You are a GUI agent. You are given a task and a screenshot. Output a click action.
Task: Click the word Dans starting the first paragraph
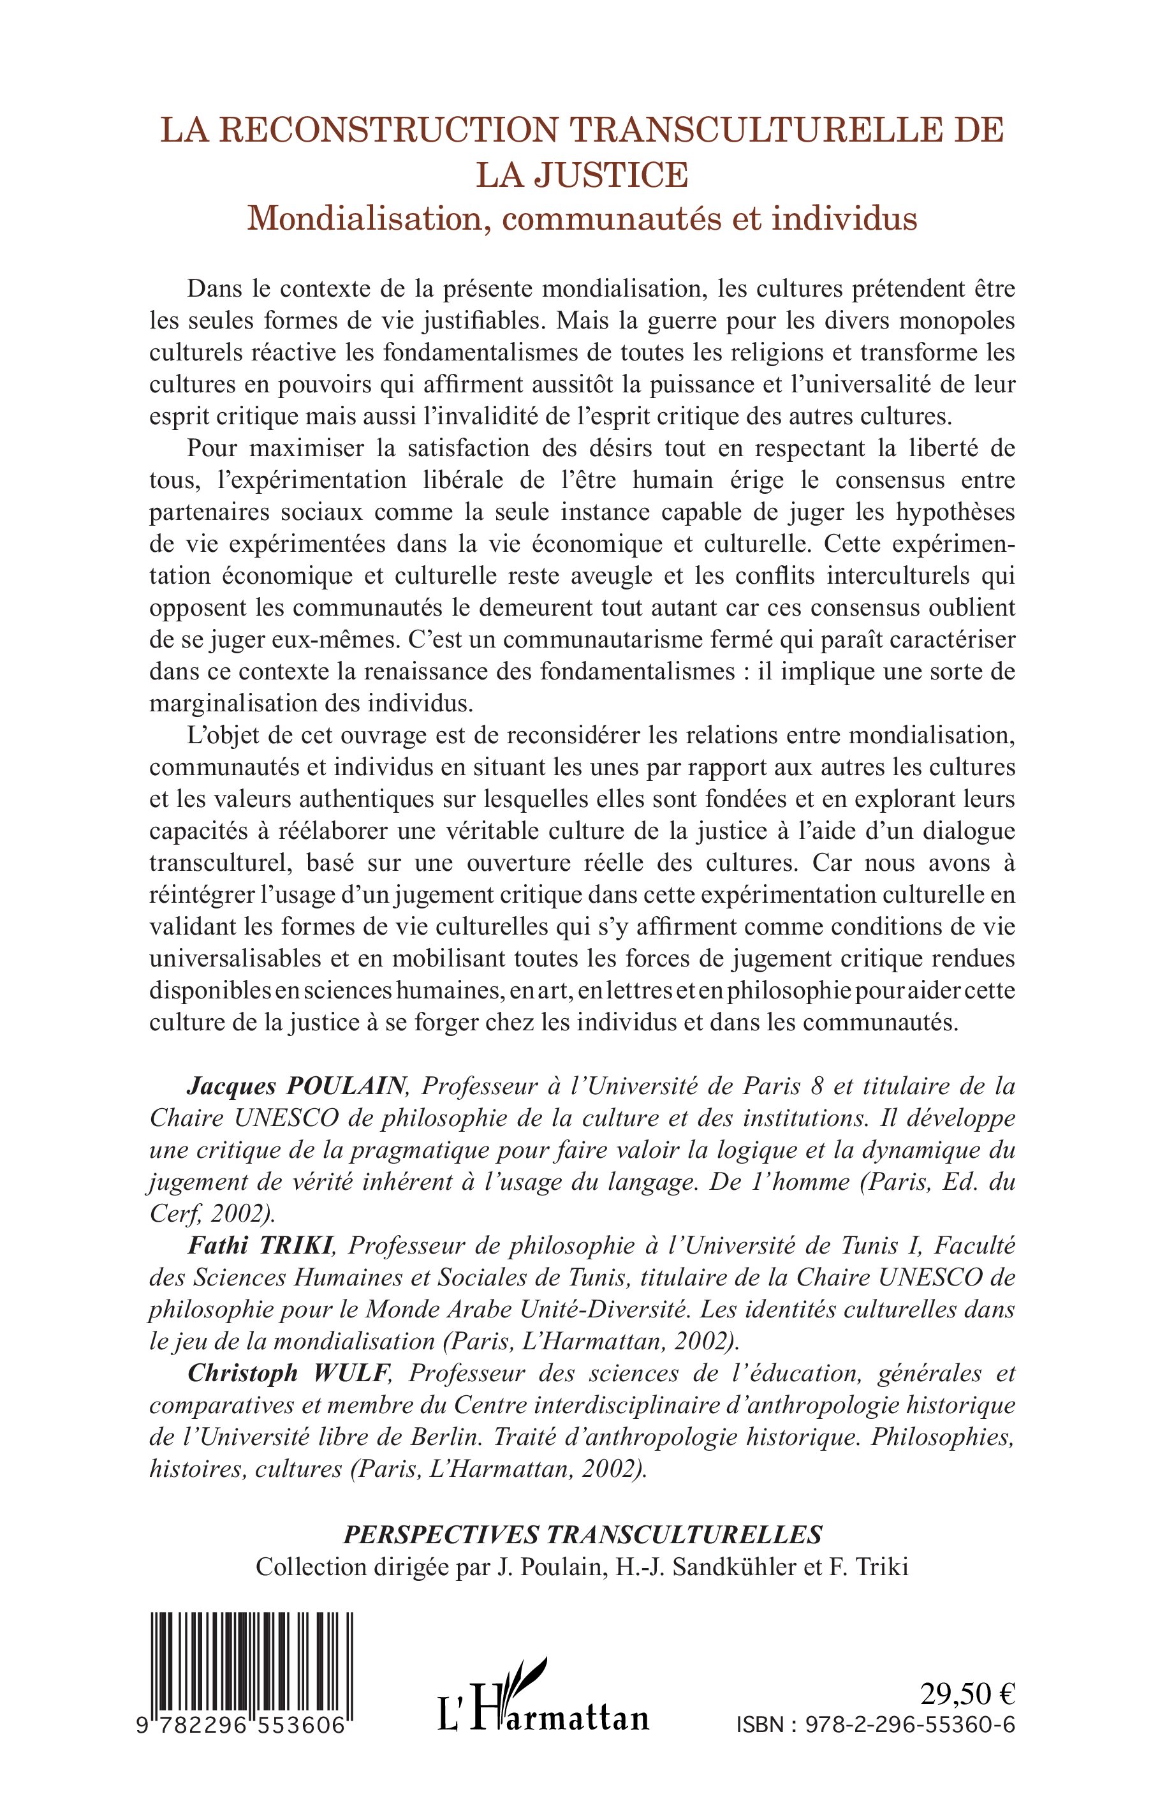(215, 289)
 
